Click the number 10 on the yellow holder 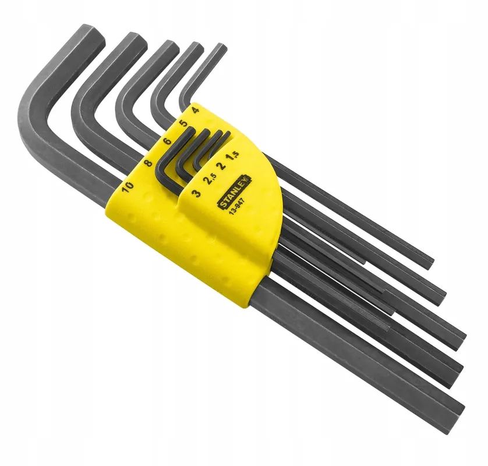pyautogui.click(x=128, y=186)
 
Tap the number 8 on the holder pyautogui.click(x=149, y=163)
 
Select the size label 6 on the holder pyautogui.click(x=168, y=141)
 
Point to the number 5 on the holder pyautogui.click(x=184, y=123)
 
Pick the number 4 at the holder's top pyautogui.click(x=196, y=110)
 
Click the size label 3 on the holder pyautogui.click(x=196, y=193)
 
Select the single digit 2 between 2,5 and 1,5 pyautogui.click(x=222, y=165)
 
